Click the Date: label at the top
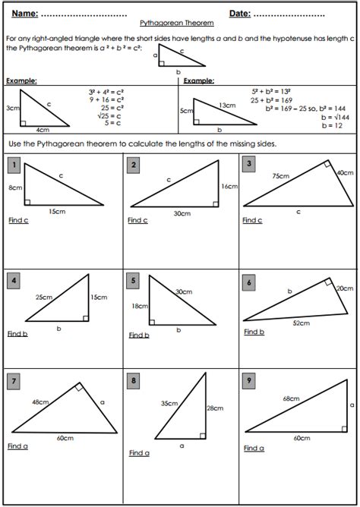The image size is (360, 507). [x=242, y=14]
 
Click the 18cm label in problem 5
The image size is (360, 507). [x=139, y=306]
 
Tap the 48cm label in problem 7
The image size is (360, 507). [x=40, y=402]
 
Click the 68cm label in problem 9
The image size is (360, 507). [x=289, y=397]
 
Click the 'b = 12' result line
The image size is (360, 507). [x=332, y=125]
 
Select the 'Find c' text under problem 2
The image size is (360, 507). [x=137, y=221]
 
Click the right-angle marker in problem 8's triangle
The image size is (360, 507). [x=201, y=436]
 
